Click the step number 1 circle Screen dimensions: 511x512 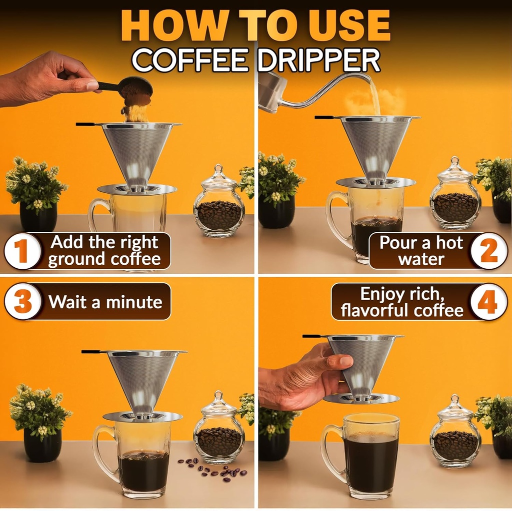pos(22,251)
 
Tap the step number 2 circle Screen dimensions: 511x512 pos(488,251)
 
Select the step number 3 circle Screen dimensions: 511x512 pos(22,302)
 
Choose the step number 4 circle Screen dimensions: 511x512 pos(488,302)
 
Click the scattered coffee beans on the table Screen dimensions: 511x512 pos(212,469)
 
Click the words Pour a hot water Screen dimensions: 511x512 pos(421,251)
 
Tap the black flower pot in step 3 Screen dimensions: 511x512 pos(42,444)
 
